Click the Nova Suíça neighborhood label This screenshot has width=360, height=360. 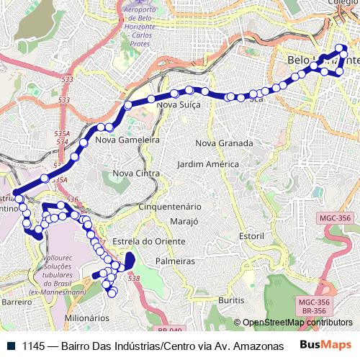pyautogui.click(x=178, y=105)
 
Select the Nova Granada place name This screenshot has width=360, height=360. pyautogui.click(x=224, y=143)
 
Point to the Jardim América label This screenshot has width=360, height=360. pyautogui.click(x=207, y=164)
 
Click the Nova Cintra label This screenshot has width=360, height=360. pyautogui.click(x=136, y=174)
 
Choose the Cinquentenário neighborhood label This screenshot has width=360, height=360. pyautogui.click(x=174, y=206)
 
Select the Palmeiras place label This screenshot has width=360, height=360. pyautogui.click(x=175, y=261)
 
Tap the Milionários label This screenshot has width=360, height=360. pyautogui.click(x=86, y=317)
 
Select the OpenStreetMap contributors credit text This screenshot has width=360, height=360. pyautogui.click(x=297, y=323)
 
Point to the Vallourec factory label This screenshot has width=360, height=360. pyautogui.click(x=65, y=274)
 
